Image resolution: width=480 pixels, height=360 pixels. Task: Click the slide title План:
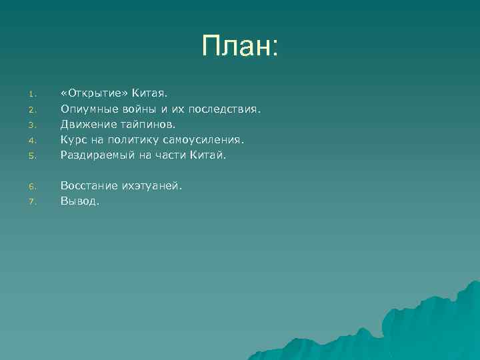(241, 46)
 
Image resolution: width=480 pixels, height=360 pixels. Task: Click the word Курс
(73, 140)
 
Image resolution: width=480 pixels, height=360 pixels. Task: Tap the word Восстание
(89, 186)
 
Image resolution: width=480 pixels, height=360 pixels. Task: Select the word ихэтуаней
(151, 186)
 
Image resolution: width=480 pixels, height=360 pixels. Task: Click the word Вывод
(79, 201)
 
